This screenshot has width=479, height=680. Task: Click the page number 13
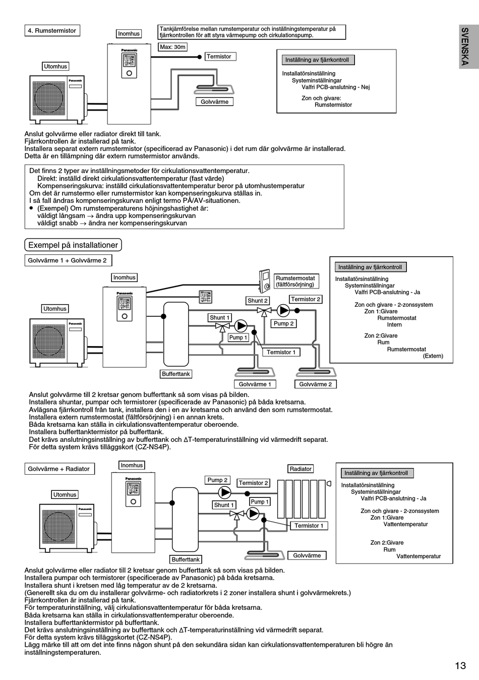[460, 666]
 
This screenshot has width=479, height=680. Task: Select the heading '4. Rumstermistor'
[52, 31]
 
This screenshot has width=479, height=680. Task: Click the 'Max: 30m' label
[172, 47]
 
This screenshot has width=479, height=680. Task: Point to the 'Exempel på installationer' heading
[73, 245]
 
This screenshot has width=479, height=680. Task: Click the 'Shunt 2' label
[258, 301]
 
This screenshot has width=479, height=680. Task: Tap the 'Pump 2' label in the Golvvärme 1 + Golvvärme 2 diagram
[284, 324]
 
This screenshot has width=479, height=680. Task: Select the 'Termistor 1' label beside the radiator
[309, 526]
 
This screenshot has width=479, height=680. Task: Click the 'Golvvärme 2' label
[316, 384]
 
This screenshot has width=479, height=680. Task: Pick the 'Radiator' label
[301, 469]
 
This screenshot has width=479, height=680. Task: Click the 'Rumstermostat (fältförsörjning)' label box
[296, 281]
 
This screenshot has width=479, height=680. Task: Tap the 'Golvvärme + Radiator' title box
[59, 469]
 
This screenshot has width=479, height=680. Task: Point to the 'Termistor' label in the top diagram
[220, 56]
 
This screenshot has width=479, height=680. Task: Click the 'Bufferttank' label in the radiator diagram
[186, 559]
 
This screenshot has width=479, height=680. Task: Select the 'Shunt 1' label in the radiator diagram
[224, 505]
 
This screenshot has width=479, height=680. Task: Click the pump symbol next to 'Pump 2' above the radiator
[224, 492]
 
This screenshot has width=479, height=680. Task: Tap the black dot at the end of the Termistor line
[199, 57]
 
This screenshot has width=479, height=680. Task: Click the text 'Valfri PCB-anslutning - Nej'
[335, 87]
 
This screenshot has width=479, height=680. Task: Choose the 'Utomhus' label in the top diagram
[55, 66]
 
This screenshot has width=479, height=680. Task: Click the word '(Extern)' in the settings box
[433, 356]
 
